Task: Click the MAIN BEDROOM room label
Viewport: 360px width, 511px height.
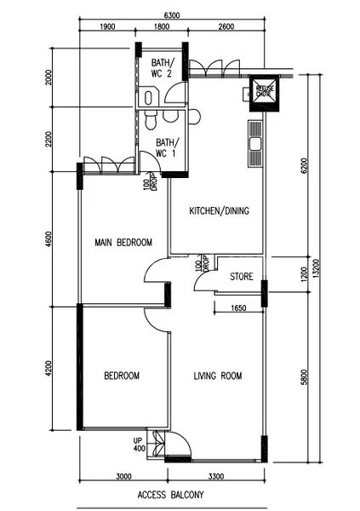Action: tap(123, 243)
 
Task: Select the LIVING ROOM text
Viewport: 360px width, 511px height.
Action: tap(218, 376)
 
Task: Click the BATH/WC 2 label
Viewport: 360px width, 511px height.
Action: tap(163, 68)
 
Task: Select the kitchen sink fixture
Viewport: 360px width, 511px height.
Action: tap(254, 145)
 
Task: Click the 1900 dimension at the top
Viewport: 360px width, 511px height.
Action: tap(108, 27)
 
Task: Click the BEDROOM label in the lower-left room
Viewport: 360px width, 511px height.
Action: tap(122, 376)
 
